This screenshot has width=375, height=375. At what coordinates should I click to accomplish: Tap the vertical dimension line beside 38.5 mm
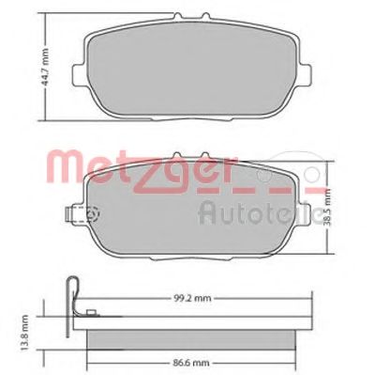pyautogui.click(x=328, y=209)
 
